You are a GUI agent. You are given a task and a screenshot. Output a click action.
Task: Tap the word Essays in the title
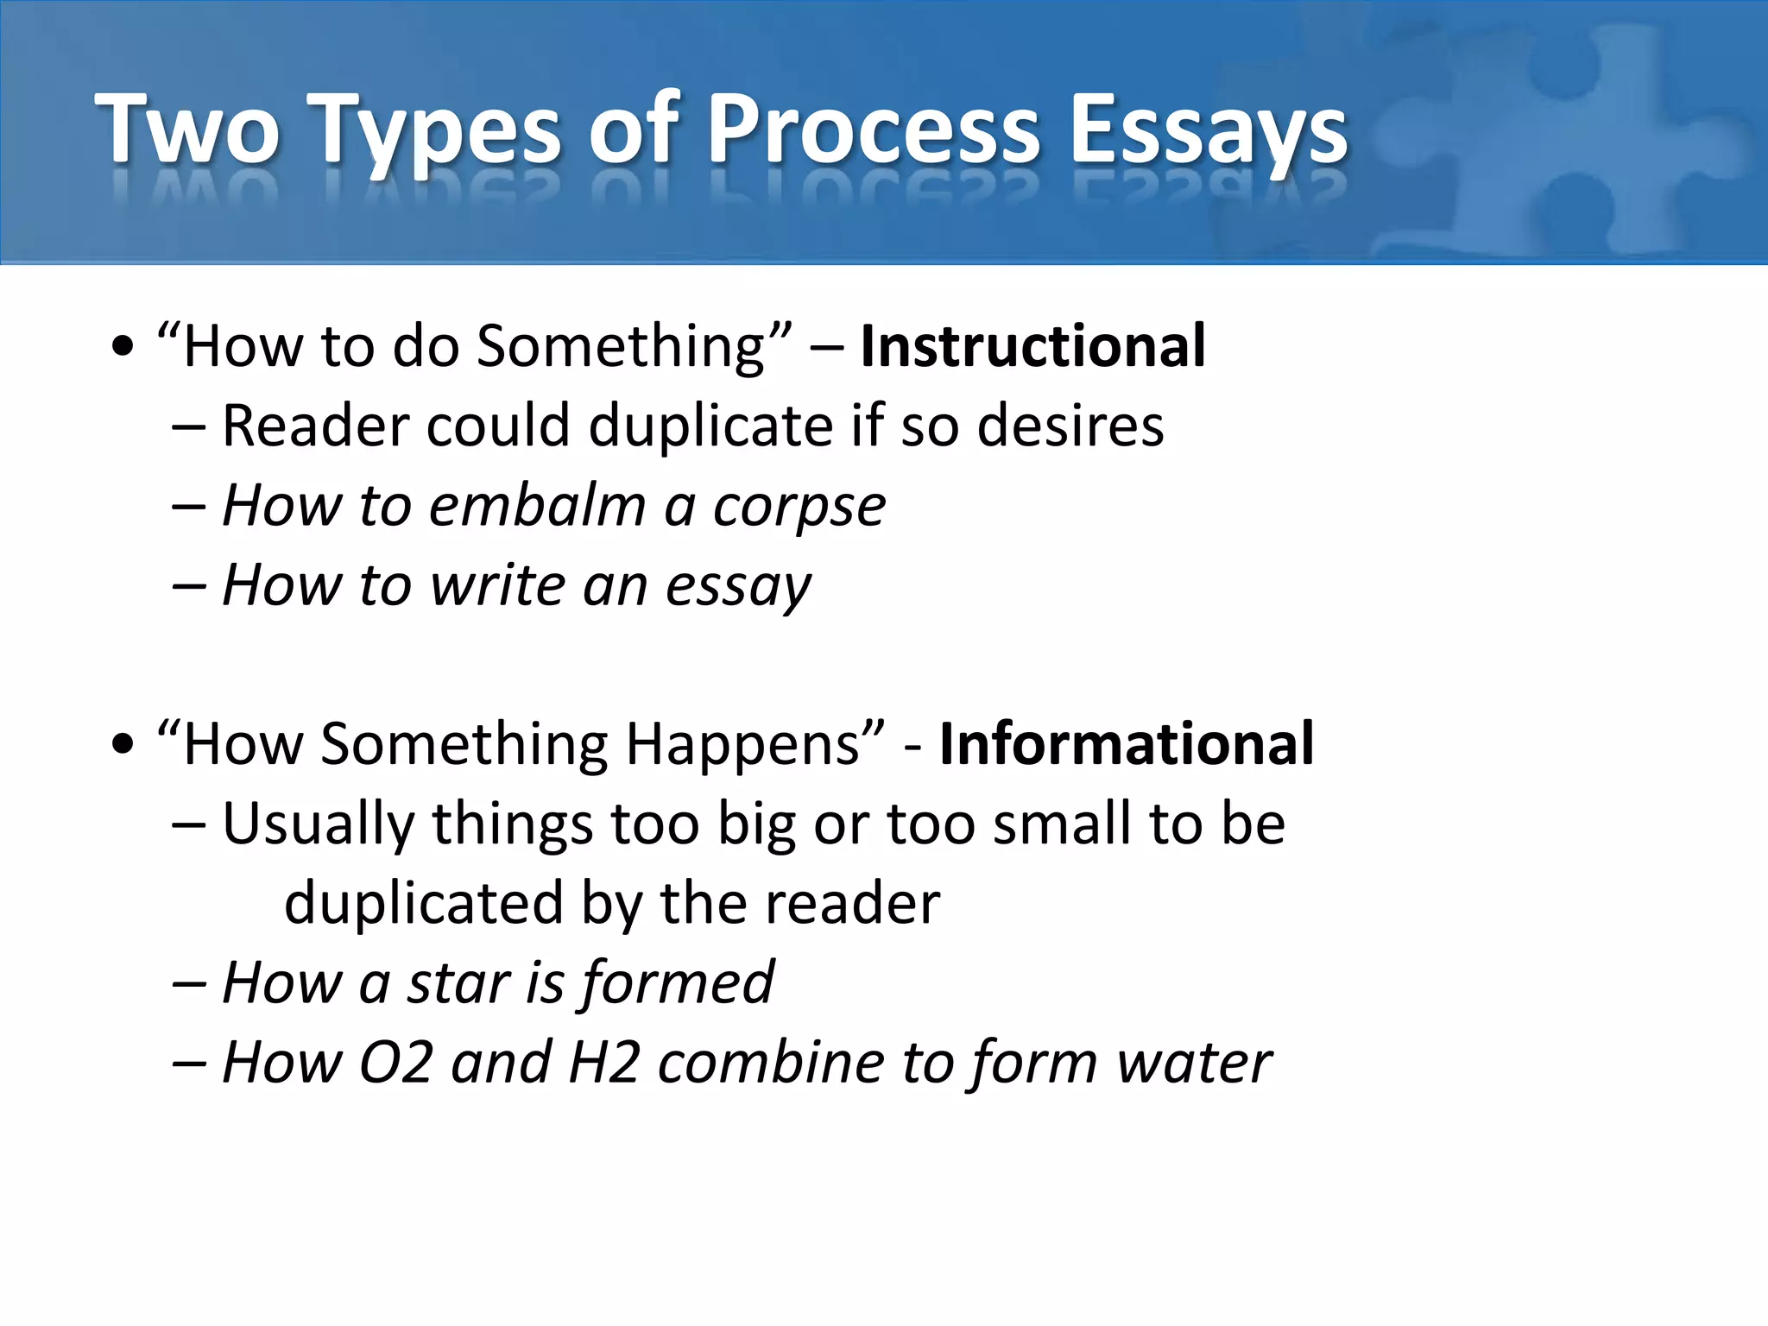coord(1208,131)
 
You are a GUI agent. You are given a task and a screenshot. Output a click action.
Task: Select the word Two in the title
coord(187,131)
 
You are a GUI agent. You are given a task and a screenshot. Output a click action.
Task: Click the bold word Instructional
coord(1032,346)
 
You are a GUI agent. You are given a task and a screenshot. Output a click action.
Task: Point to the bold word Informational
coord(1126,744)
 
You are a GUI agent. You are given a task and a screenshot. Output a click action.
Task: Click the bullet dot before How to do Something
coord(123,347)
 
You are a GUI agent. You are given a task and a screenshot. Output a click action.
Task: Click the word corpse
coord(799,508)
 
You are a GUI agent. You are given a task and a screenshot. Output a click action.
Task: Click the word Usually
coord(318,824)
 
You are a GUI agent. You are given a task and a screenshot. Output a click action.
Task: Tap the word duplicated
coord(424,904)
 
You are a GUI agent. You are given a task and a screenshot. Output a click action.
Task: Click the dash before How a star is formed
coord(188,984)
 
